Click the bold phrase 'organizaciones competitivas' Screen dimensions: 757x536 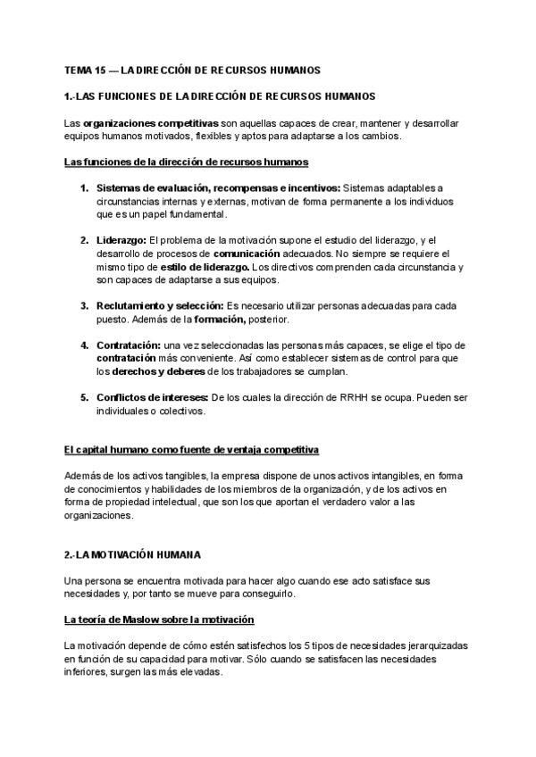pyautogui.click(x=153, y=121)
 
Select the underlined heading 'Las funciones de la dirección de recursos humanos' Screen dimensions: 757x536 pyautogui.click(x=187, y=162)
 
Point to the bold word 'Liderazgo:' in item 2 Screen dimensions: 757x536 pyautogui.click(x=121, y=240)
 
